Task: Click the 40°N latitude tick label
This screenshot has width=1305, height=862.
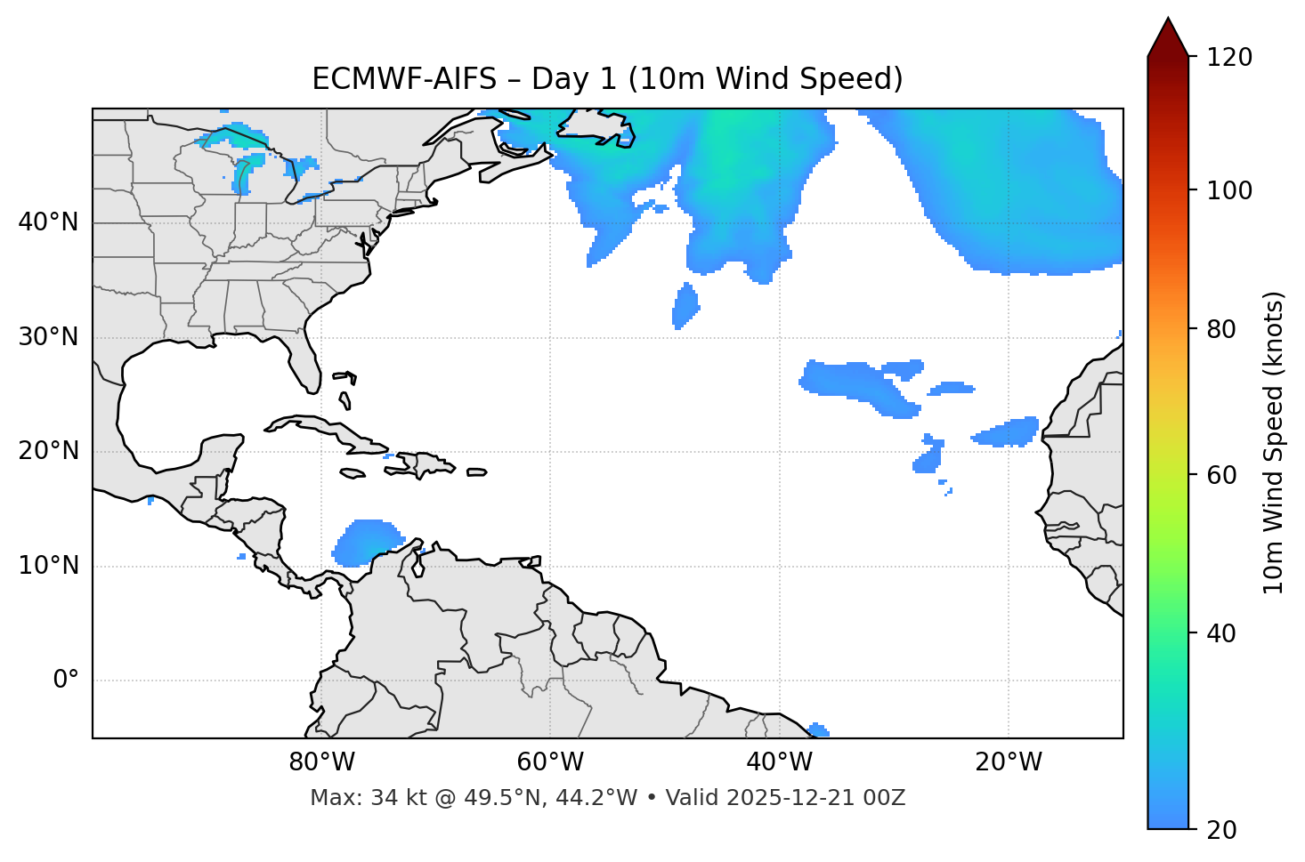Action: [x=48, y=222]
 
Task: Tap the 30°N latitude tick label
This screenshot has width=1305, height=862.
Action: [x=48, y=337]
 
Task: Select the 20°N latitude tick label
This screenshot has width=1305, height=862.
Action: [x=48, y=451]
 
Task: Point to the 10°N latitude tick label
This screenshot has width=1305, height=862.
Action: [x=48, y=566]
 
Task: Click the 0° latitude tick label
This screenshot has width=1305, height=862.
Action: [x=66, y=681]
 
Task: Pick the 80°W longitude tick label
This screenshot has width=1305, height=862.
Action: [x=321, y=762]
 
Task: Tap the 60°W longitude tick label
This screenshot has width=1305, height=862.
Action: [x=550, y=762]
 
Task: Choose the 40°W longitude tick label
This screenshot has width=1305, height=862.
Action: [x=779, y=762]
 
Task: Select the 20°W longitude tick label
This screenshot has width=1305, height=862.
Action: [x=1008, y=762]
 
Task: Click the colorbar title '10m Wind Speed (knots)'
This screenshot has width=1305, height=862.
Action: [x=1274, y=442]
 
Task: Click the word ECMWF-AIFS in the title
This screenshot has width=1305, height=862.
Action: [x=404, y=79]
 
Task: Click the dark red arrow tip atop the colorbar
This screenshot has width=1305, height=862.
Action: [x=1168, y=36]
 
